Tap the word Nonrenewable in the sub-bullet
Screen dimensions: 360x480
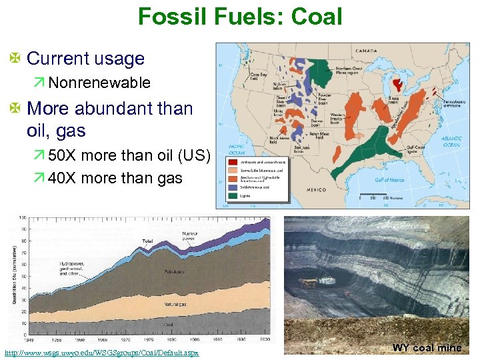pyautogui.click(x=99, y=83)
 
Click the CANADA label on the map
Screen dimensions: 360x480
pyautogui.click(x=366, y=51)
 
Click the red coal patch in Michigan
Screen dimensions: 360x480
pyautogui.click(x=399, y=84)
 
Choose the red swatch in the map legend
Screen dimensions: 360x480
pyautogui.click(x=233, y=161)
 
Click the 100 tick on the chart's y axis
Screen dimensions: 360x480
pyautogui.click(x=23, y=218)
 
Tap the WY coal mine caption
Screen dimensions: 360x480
pyautogui.click(x=427, y=348)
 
